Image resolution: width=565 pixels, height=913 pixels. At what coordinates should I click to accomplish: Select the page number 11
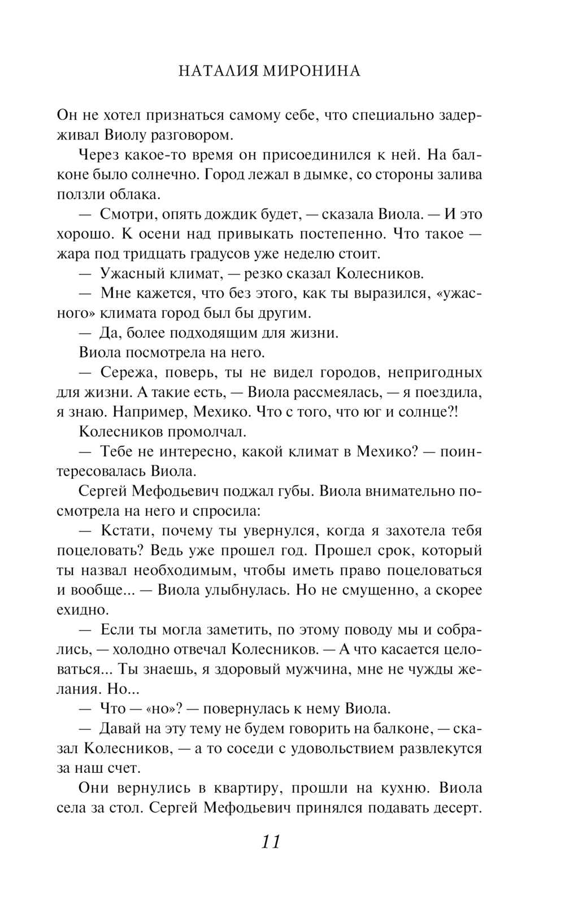[x=271, y=842]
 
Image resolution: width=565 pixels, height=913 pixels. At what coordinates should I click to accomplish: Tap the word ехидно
[x=82, y=610]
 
